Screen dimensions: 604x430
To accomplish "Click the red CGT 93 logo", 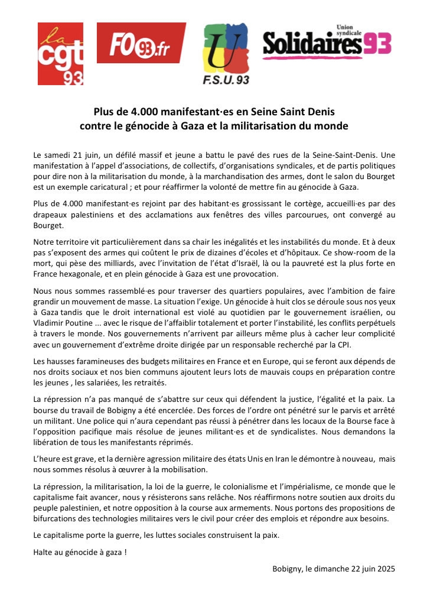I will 60,54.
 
